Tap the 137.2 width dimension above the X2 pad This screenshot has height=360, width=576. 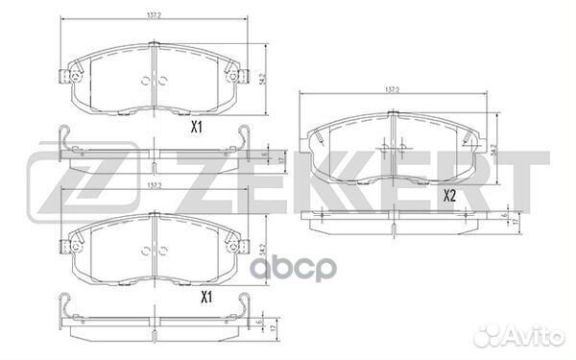click(391, 90)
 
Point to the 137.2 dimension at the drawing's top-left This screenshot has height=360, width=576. click(153, 16)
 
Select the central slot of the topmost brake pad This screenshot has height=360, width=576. click(154, 77)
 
